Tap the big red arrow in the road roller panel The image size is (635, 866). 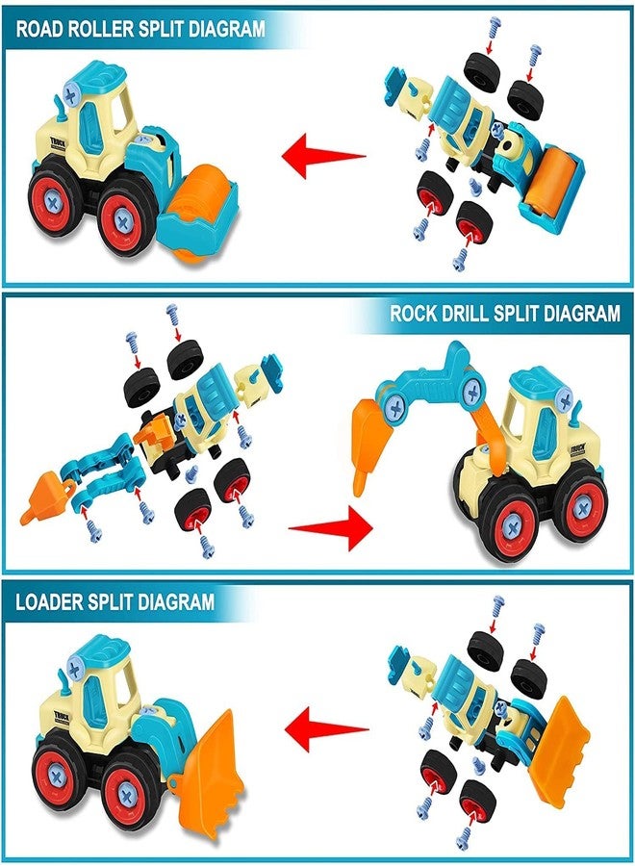[x=323, y=155]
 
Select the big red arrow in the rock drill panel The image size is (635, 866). [x=331, y=528]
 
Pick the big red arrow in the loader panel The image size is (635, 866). [x=327, y=728]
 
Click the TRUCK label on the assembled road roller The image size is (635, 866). [x=58, y=142]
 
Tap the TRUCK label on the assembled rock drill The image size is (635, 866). [x=577, y=447]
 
